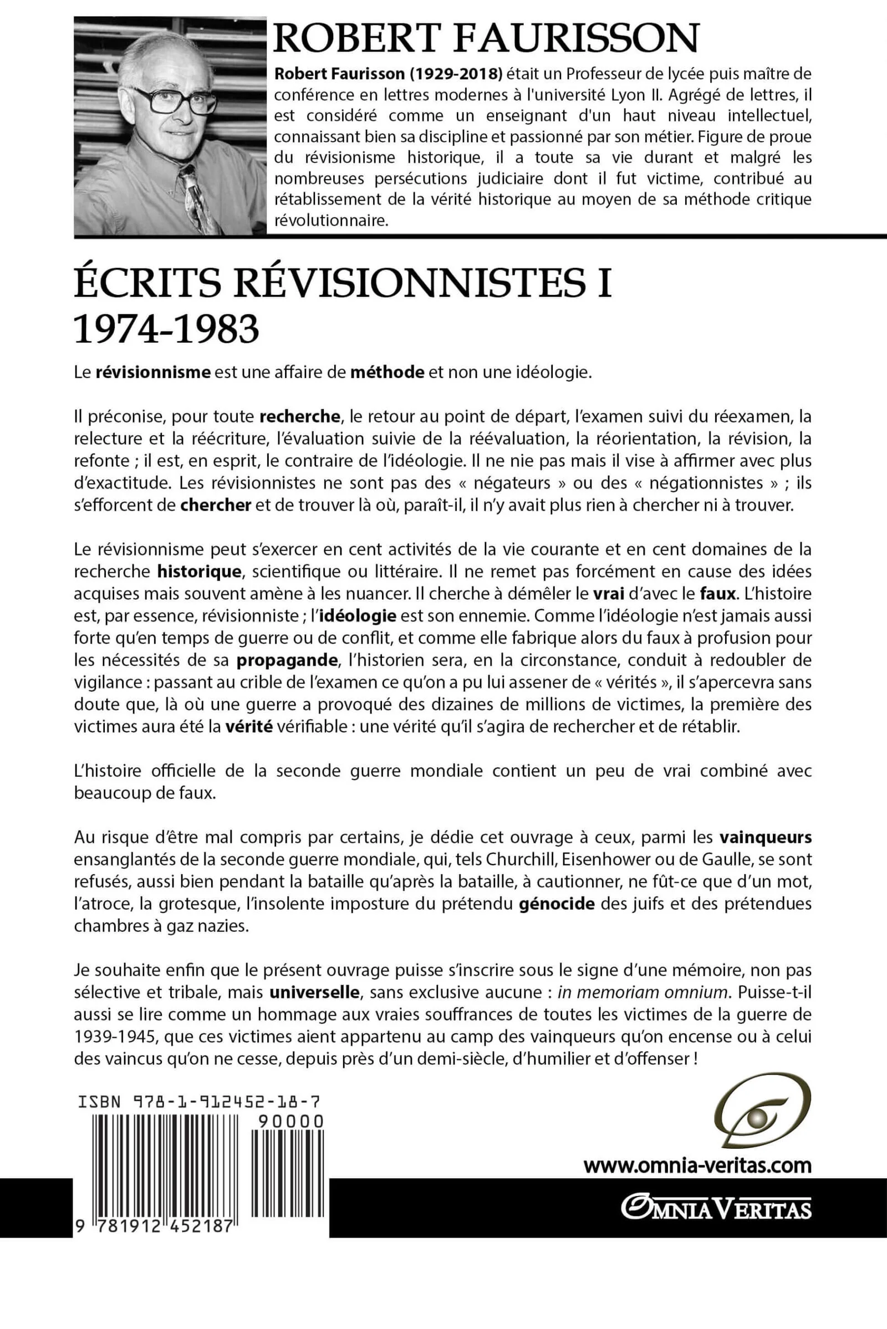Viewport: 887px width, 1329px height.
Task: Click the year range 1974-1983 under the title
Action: [166, 330]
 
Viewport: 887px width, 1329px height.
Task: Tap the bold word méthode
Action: [388, 372]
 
